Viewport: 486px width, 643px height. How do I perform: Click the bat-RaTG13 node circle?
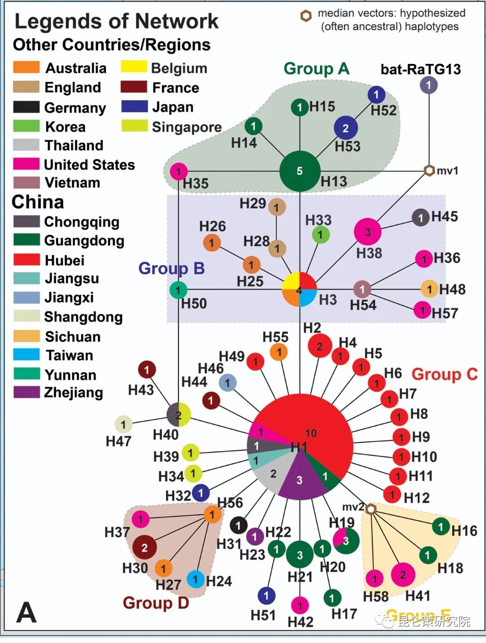pyautogui.click(x=428, y=85)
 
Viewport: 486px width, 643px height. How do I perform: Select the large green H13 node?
pyautogui.click(x=300, y=171)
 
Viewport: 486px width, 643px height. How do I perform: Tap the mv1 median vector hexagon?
pyautogui.click(x=429, y=170)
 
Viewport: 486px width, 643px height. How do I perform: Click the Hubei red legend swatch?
pyautogui.click(x=27, y=260)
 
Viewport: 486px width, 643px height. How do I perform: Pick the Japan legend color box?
pyautogui.click(x=134, y=107)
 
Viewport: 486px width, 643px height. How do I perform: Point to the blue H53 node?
pyautogui.click(x=346, y=128)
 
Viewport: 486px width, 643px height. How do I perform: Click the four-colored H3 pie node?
pyautogui.click(x=299, y=289)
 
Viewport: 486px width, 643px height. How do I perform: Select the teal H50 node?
pyautogui.click(x=178, y=290)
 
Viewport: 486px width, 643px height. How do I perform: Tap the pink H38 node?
pyautogui.click(x=368, y=232)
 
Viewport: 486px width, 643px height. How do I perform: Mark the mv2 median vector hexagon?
pyautogui.click(x=370, y=509)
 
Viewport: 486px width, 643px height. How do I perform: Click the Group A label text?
pyautogui.click(x=316, y=68)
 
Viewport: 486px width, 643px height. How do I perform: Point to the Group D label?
pyautogui.click(x=156, y=603)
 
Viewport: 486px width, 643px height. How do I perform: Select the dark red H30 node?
pyautogui.click(x=144, y=548)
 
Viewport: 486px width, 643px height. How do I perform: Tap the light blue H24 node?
pyautogui.click(x=195, y=579)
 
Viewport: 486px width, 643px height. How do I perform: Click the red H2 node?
pyautogui.click(x=319, y=346)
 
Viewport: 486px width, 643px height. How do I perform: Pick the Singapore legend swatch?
pyautogui.click(x=134, y=126)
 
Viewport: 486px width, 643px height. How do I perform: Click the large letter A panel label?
pyautogui.click(x=26, y=612)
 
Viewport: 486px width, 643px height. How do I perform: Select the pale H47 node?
pyautogui.click(x=123, y=424)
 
